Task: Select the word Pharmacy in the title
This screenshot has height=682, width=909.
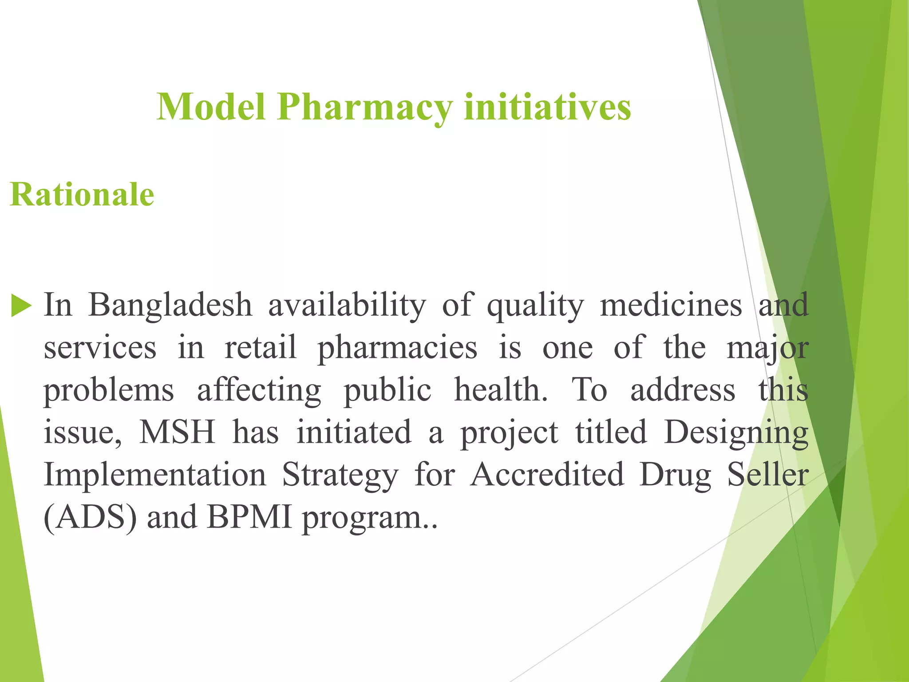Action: (x=365, y=107)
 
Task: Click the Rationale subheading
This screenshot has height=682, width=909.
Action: (x=82, y=194)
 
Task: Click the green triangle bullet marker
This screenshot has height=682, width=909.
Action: (x=21, y=306)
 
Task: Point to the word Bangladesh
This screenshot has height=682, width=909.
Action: (x=170, y=306)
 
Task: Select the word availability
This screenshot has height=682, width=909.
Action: (x=347, y=306)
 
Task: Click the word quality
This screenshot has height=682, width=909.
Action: (x=535, y=306)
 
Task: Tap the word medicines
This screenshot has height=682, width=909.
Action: (x=671, y=305)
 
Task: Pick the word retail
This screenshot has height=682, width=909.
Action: (x=261, y=347)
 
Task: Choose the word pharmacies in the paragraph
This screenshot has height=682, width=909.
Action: (x=397, y=348)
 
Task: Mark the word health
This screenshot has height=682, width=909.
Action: (x=501, y=390)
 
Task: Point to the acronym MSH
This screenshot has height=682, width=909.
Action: (x=177, y=432)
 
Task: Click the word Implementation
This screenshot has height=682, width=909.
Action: (x=155, y=475)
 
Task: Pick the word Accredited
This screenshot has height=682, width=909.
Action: (x=547, y=475)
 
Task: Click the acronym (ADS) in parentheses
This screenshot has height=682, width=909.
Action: (x=90, y=518)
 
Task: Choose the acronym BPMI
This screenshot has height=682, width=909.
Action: (x=249, y=518)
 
